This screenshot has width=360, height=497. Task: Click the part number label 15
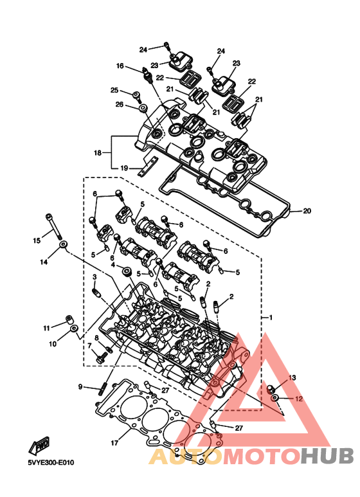coord(37,240)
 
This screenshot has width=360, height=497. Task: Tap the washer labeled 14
coord(63,245)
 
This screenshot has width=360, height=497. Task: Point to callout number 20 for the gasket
coord(307,211)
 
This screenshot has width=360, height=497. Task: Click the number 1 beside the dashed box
coord(270,317)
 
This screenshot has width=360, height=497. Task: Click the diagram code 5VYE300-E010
coord(51,462)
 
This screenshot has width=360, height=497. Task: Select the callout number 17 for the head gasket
coord(114,443)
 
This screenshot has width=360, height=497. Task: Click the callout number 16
coord(120,66)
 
